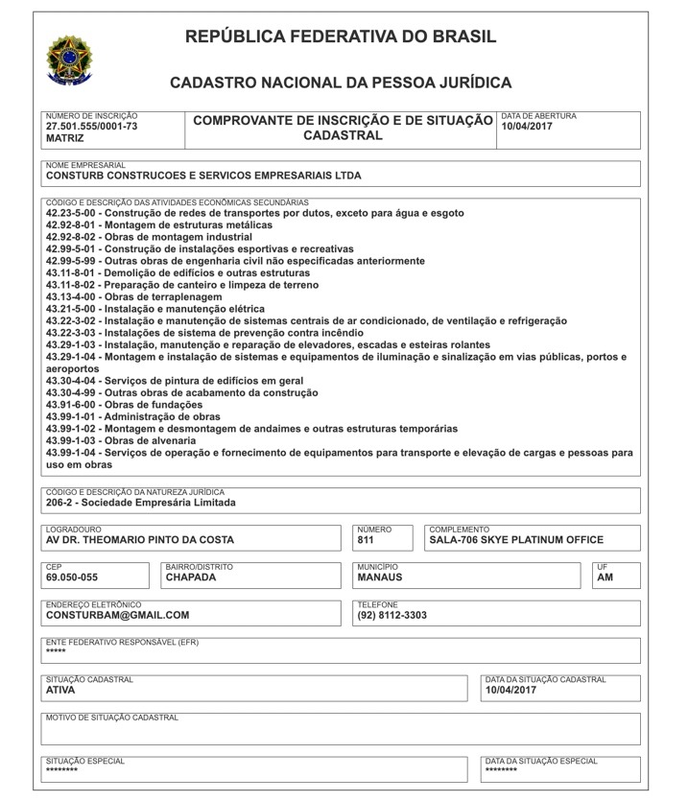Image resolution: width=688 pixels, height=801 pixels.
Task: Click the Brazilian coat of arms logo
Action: coord(69,60)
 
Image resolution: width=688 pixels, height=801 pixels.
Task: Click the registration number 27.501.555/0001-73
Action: coord(92,126)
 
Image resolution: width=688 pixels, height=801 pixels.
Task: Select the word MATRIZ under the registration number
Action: coord(65,138)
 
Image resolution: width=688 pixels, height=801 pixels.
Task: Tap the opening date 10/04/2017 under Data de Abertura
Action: coord(527,126)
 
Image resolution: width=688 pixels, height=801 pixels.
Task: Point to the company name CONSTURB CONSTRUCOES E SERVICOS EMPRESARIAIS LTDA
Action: coord(203,177)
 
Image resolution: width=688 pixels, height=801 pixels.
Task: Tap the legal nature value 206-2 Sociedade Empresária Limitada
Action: coord(140,502)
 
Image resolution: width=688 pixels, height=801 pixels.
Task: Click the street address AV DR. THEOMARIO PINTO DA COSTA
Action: coord(140,540)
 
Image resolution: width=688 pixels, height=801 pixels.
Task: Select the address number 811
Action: coord(366,540)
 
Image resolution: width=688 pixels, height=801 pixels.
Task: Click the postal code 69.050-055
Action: coord(72,577)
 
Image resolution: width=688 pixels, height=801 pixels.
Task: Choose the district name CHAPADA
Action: coord(191,577)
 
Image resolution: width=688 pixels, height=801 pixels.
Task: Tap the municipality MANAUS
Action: coord(380,577)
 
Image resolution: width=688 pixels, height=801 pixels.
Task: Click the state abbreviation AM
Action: coord(605,577)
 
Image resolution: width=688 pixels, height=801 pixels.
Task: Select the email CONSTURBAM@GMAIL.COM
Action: coord(118,616)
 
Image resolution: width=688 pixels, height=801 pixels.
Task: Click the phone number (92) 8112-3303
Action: coord(392,616)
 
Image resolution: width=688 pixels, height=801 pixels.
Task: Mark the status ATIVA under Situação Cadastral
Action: coord(60,690)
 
